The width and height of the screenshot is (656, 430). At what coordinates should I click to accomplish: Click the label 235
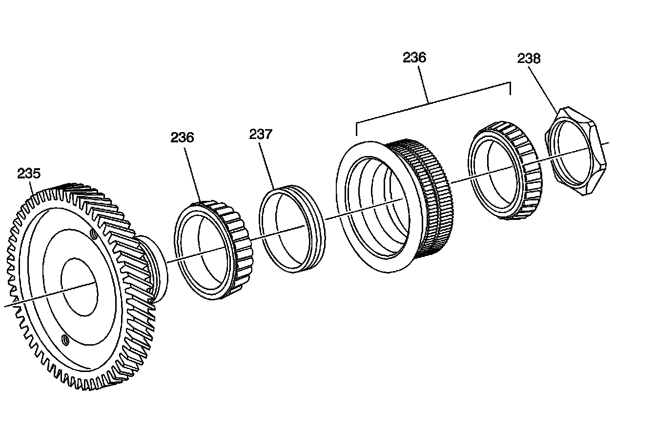(x=29, y=174)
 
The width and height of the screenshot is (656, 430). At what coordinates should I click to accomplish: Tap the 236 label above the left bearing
(x=182, y=137)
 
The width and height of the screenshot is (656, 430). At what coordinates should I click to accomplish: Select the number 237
(x=261, y=134)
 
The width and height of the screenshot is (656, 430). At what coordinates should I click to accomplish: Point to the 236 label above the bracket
(x=414, y=58)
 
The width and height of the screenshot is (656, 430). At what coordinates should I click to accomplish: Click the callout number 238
(x=529, y=59)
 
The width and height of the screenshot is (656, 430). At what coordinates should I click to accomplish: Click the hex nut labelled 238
(x=576, y=151)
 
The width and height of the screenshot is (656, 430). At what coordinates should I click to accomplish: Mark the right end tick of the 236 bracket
(x=510, y=88)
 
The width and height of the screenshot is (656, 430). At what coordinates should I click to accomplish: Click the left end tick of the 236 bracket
(x=357, y=129)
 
